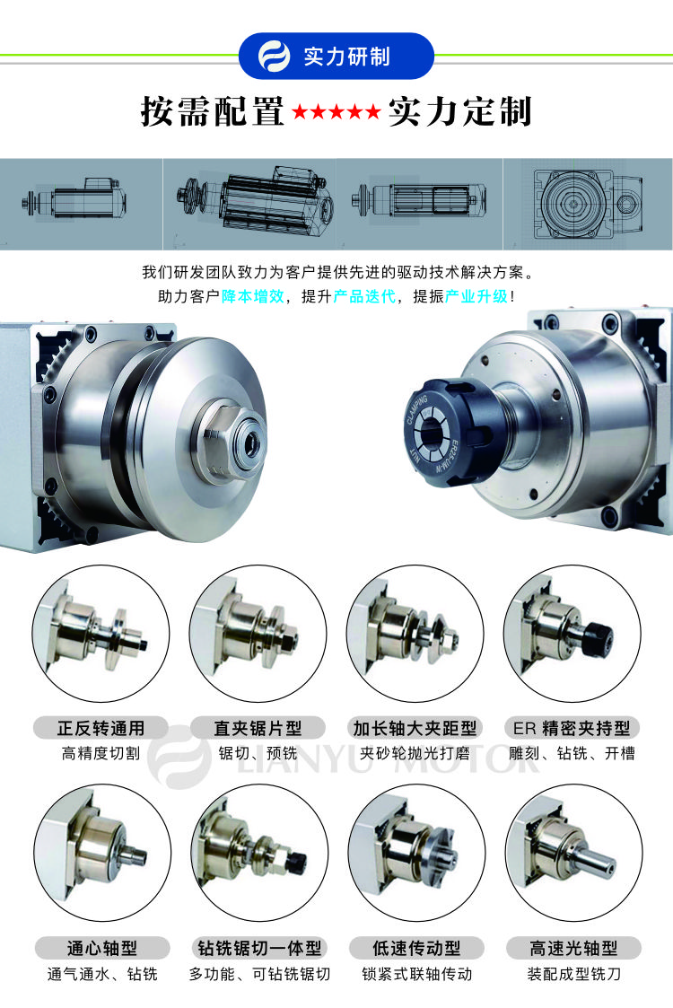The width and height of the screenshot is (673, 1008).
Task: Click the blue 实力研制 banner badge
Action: pos(336,56)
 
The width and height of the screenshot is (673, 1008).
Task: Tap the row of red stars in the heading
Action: pos(336,112)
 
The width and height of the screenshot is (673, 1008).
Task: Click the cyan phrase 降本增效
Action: pos(253,296)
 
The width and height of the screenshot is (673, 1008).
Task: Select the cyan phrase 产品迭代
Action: pos(364,296)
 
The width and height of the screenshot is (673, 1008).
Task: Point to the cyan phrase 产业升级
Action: pos(476,296)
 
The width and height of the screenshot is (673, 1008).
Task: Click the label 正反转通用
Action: pos(101,728)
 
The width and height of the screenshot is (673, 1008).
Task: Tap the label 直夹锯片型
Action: pos(258,728)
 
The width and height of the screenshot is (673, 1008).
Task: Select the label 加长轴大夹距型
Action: pos(415,728)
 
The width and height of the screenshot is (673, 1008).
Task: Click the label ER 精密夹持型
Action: pos(572,728)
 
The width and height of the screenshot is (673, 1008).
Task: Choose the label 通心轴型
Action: pos(102,948)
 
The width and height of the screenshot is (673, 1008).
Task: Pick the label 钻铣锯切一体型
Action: pos(259,948)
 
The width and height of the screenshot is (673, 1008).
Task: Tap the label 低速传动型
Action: pos(416,948)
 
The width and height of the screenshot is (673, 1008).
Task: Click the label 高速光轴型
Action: pos(573,948)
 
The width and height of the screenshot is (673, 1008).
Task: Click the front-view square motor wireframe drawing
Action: pos(588,204)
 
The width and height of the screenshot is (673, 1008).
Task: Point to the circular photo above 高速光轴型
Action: pos(573,853)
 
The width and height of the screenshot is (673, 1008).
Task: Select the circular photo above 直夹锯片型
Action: pos(258,634)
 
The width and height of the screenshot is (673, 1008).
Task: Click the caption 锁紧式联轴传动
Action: pos(416,974)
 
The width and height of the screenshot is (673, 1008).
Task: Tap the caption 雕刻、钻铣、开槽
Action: pos(572,753)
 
